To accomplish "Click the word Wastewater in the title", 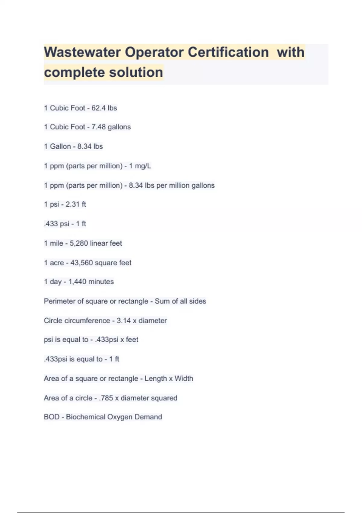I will (x=82, y=52).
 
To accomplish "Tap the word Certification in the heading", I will (x=228, y=52).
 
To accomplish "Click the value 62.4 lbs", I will (x=104, y=108).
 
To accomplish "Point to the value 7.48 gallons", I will (x=111, y=127).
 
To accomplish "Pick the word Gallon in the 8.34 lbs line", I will (x=60, y=146).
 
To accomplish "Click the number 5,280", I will (x=79, y=243).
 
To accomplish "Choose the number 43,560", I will (x=81, y=263).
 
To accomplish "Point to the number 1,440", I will (x=78, y=282).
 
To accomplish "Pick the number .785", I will (x=106, y=398).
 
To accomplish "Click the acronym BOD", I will (x=52, y=417).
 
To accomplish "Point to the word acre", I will (x=57, y=263).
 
